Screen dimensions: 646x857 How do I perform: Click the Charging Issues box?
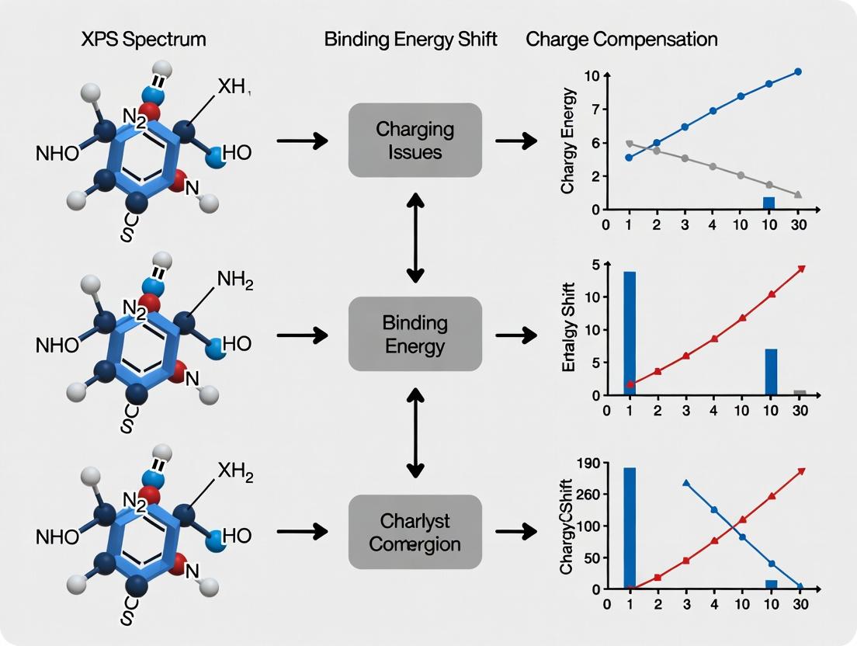pos(415,141)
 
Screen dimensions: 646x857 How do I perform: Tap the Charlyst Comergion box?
pos(415,532)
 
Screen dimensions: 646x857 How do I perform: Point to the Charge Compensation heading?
pos(622,40)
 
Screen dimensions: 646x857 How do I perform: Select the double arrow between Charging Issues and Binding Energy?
pos(415,237)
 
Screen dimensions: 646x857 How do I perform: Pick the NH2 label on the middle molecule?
pos(235,280)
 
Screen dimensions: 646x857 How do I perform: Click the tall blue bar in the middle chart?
pos(630,334)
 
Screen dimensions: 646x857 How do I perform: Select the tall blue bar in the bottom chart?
pos(630,528)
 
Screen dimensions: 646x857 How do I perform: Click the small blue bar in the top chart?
pos(769,203)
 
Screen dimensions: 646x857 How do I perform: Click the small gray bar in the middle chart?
pos(800,393)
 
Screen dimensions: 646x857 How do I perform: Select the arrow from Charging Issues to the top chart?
pos(516,141)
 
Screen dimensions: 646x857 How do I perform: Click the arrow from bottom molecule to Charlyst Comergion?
pos(301,532)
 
